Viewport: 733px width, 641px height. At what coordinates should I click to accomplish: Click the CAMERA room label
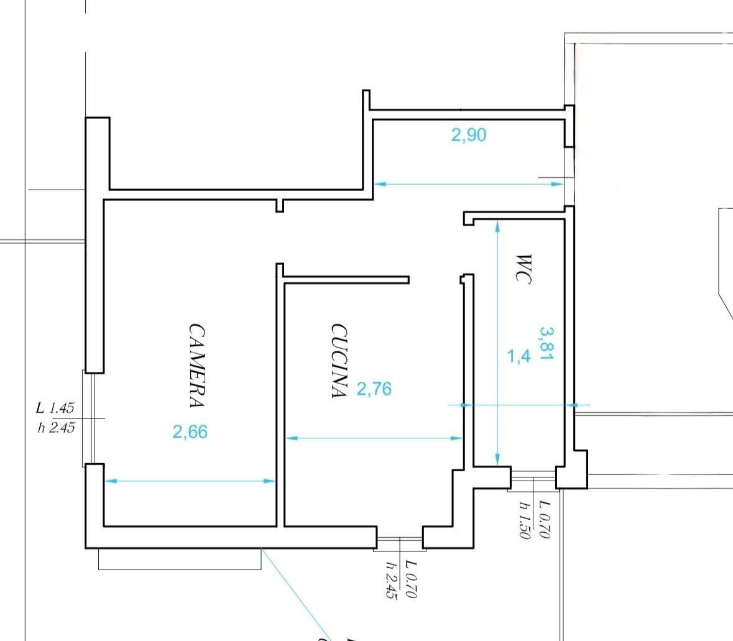tap(197, 365)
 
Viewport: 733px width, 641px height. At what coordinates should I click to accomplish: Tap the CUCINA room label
tap(339, 361)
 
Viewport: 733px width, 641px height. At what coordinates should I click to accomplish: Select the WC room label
tap(523, 269)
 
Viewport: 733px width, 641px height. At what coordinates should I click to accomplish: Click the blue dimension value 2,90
tap(468, 135)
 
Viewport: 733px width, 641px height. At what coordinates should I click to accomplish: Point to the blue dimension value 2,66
tap(190, 431)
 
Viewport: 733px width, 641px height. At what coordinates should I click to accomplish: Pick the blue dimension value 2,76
tap(374, 389)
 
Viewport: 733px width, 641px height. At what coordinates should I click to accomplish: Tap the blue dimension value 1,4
tap(519, 357)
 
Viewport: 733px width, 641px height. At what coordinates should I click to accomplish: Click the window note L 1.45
tap(55, 408)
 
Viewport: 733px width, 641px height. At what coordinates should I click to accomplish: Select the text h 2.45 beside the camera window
tap(56, 428)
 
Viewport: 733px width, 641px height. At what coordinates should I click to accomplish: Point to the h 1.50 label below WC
tap(525, 520)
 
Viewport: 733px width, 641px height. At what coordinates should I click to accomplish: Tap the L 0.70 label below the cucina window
tap(411, 579)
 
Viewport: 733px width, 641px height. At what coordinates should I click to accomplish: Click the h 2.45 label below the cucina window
tap(391, 580)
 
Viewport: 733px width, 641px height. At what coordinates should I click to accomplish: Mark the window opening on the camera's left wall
tap(89, 418)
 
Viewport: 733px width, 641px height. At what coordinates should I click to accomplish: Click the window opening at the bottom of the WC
tap(533, 478)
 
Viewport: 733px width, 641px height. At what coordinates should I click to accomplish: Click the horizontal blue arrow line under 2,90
tap(468, 184)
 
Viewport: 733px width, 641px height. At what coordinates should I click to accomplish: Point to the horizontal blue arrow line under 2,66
tap(190, 481)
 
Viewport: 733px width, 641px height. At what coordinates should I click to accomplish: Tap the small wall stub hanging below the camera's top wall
tap(280, 206)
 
